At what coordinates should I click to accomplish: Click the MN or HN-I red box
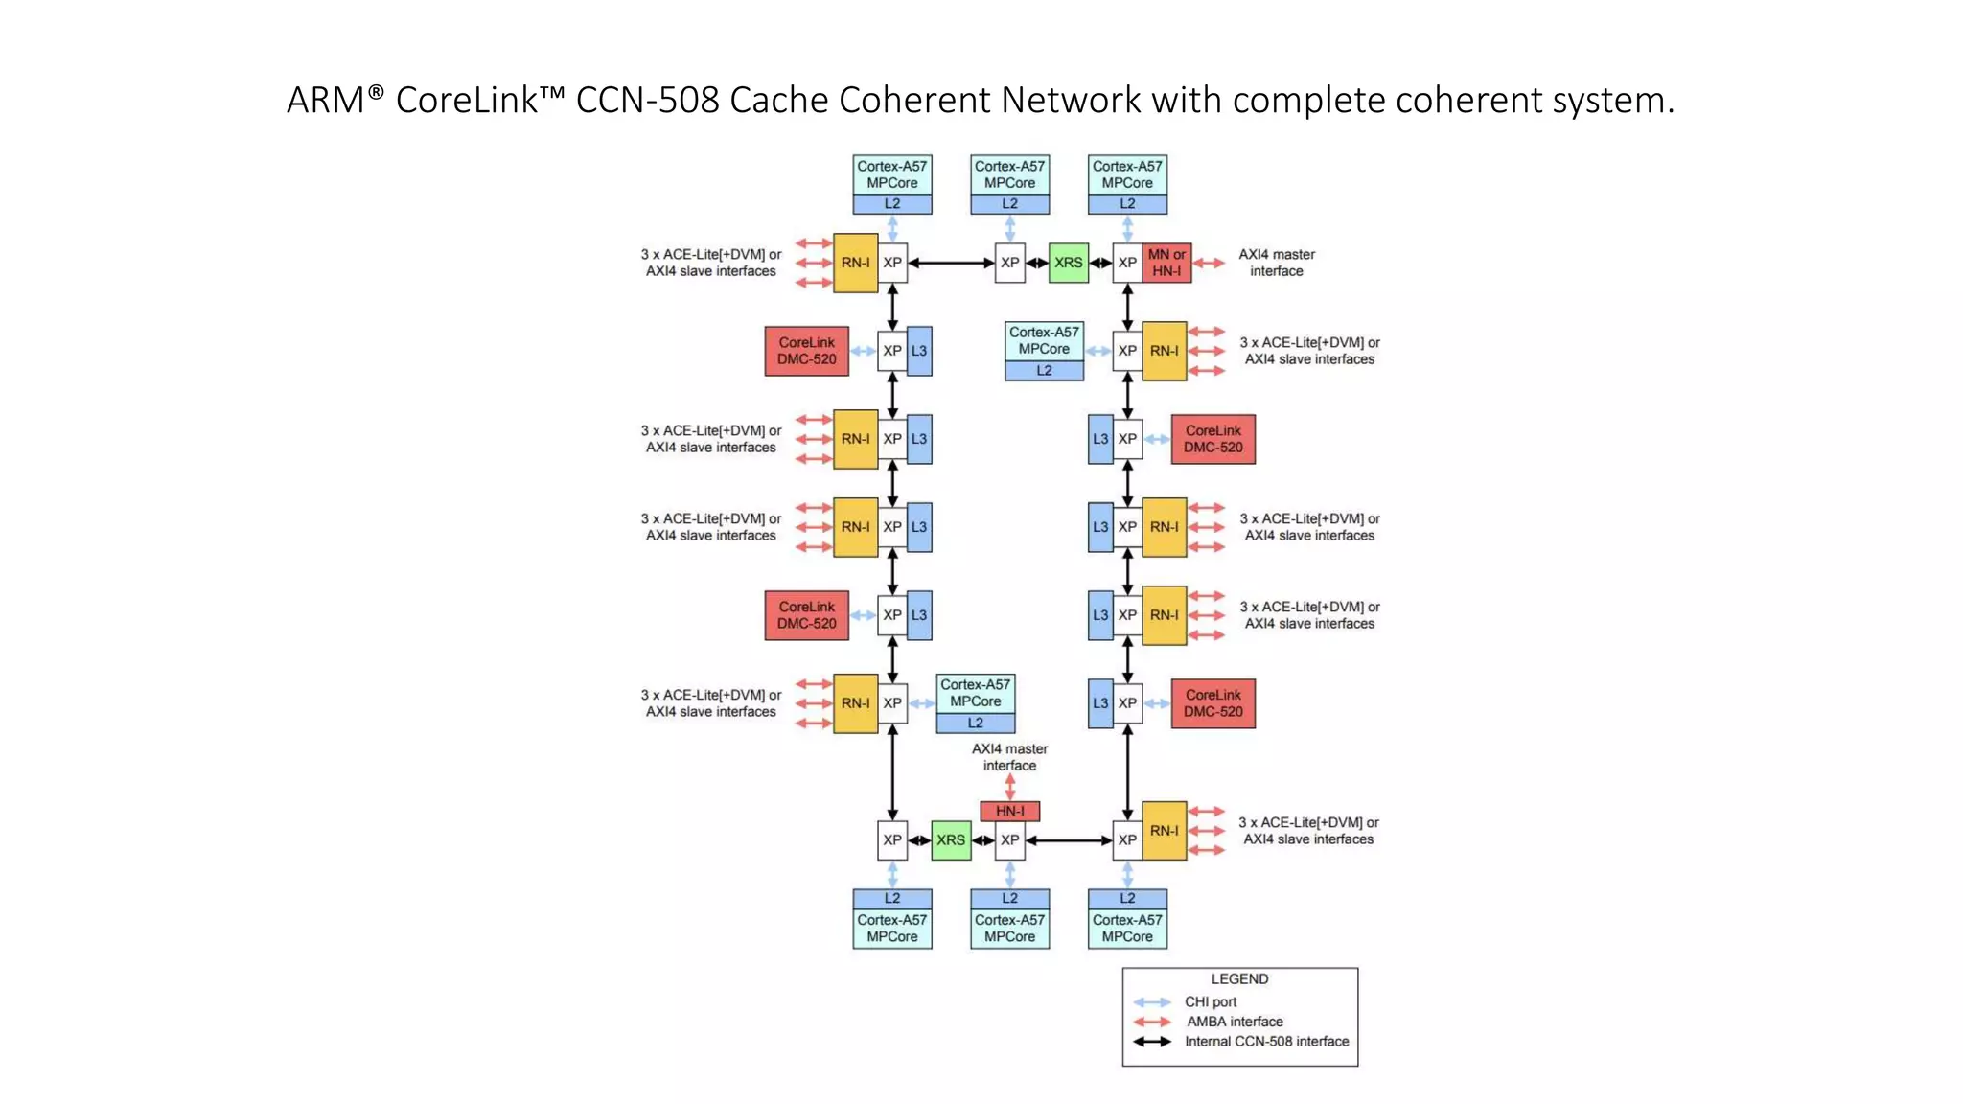pos(1166,263)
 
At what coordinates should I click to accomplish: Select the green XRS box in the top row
pos(1068,263)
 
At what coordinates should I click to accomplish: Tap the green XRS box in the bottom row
pos(950,840)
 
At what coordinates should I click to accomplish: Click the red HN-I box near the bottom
pos(1009,811)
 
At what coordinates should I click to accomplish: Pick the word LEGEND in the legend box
pos(1239,979)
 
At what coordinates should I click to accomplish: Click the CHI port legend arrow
pos(1152,1002)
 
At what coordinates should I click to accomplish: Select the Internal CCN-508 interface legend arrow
pos(1152,1042)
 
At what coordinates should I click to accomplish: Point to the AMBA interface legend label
pos(1235,1022)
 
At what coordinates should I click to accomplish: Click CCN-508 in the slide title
pos(647,100)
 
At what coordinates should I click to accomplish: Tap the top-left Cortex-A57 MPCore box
pos(891,175)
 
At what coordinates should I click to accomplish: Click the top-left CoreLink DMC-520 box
pos(806,351)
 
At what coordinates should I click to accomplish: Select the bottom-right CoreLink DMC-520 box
pos(1212,703)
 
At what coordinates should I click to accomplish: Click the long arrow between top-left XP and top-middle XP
pos(951,263)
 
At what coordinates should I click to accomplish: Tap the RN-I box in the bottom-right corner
pos(1164,831)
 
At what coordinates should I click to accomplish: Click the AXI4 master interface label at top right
pos(1276,263)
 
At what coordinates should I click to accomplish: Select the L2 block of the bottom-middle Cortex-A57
pos(1009,898)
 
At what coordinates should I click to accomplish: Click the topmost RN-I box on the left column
pos(855,263)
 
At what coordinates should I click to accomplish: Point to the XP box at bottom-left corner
pos(891,840)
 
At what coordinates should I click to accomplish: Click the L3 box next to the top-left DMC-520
pos(918,351)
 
